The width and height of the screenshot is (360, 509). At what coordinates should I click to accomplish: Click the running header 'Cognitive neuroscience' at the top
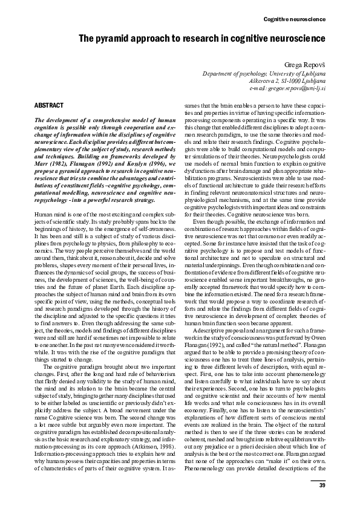click(x=295, y=20)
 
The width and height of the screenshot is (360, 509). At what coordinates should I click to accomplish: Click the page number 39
click(x=322, y=485)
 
